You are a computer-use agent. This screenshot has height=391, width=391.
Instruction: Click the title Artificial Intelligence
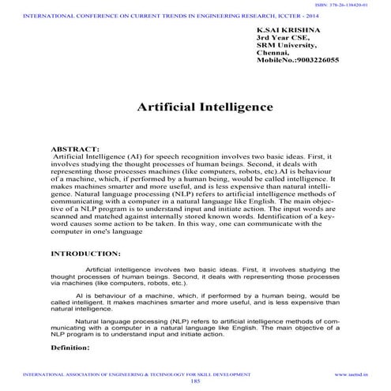(194, 107)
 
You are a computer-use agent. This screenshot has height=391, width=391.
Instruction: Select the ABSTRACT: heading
(75, 149)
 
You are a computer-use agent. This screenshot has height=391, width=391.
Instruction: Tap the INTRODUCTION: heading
(85, 254)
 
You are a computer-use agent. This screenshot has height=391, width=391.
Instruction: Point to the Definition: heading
(70, 347)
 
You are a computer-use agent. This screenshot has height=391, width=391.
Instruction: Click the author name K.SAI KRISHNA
(288, 29)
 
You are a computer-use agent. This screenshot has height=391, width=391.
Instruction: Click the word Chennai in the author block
(273, 52)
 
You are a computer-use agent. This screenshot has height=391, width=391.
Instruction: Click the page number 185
(195, 381)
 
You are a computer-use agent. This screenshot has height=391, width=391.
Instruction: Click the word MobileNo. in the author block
(274, 60)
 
